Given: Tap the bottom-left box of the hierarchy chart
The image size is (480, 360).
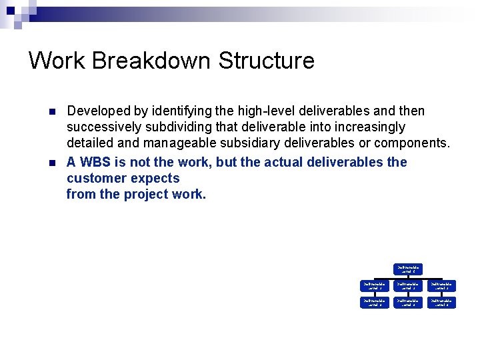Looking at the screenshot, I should coord(373,303).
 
